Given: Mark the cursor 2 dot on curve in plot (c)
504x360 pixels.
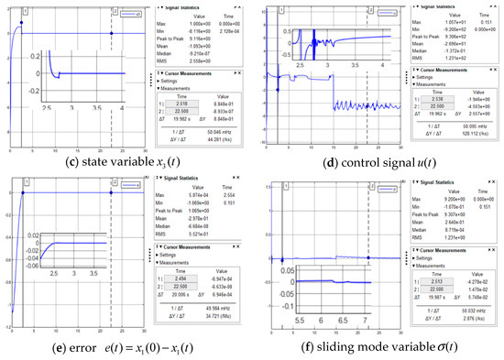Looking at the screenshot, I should click(112, 34).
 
